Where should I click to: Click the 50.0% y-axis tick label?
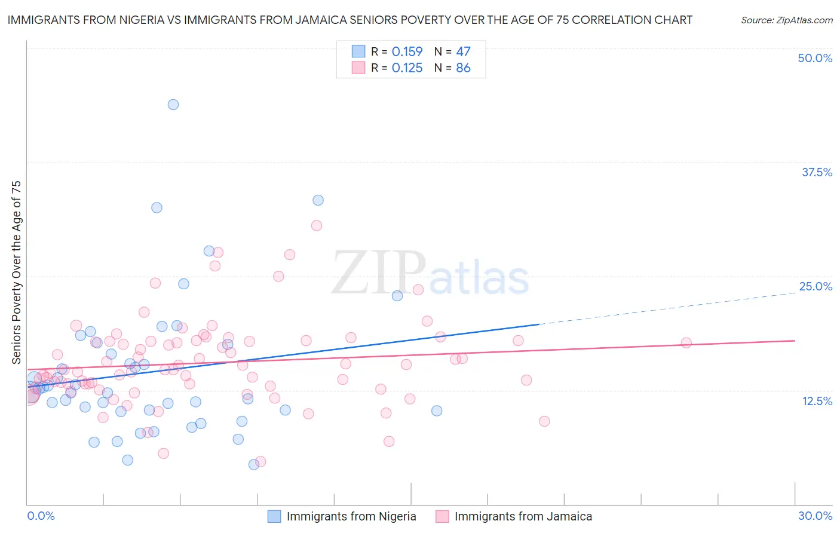pos(815,58)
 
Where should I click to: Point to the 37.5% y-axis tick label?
pos(817,172)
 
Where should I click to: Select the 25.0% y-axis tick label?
pos(816,286)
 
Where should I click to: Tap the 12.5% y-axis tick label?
pos(817,401)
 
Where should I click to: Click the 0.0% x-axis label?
pos(41,516)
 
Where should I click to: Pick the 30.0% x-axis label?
pos(815,516)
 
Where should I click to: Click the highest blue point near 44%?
pos(173,105)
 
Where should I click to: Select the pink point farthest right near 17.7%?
pos(686,343)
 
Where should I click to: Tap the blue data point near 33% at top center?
pos(318,200)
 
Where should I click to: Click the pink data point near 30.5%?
pos(317,225)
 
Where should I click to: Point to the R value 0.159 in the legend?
pos(407,52)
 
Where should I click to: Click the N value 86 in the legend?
pos(463,68)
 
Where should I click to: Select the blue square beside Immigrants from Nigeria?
pos(274,516)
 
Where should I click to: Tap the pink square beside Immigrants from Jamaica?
pos(442,516)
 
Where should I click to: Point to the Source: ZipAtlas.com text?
pos(786,20)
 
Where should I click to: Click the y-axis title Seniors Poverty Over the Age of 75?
pos(17,272)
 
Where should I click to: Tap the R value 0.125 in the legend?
pos(407,68)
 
